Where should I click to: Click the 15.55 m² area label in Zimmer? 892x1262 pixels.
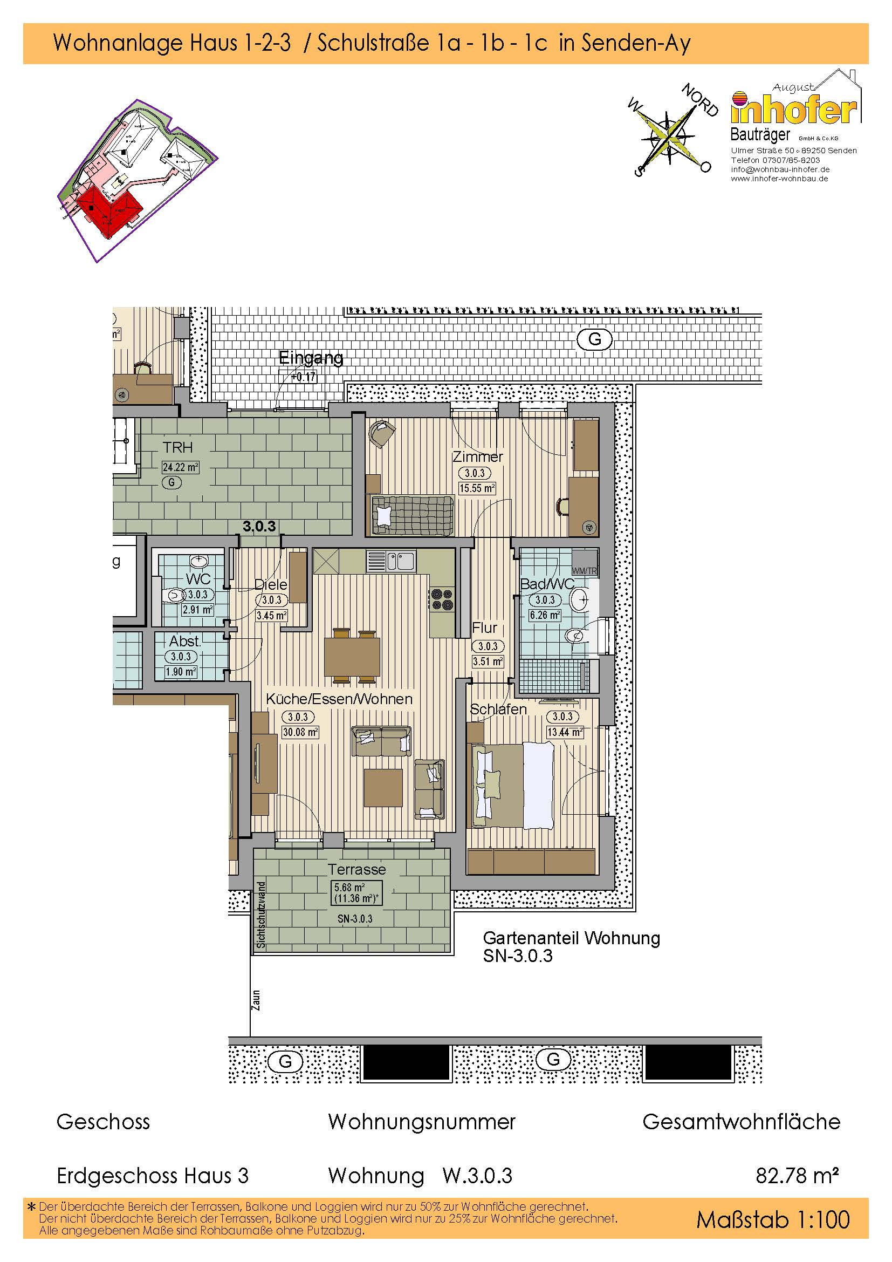tap(477, 488)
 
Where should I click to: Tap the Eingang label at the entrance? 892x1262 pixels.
tap(311, 358)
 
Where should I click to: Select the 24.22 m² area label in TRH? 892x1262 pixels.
tap(180, 467)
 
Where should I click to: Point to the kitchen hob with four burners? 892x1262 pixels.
tap(442, 599)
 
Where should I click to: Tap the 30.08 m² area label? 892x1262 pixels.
tap(300, 732)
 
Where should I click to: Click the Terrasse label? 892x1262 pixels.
tap(356, 870)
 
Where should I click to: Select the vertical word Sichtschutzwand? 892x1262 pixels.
tap(261, 915)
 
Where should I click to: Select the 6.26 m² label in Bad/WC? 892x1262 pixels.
tap(545, 615)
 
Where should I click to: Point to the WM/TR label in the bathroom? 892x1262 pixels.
tap(584, 571)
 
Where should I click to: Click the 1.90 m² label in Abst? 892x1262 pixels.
tap(181, 672)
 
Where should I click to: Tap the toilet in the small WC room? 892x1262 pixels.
tap(172, 595)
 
